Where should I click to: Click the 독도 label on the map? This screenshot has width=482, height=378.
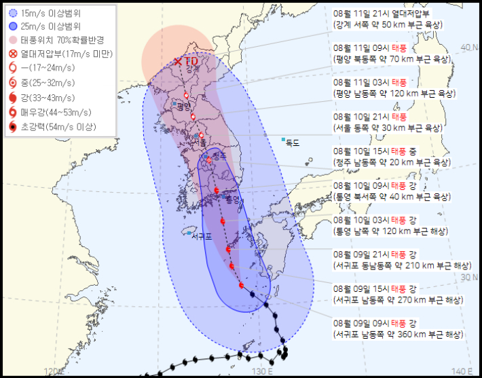click(x=293, y=142)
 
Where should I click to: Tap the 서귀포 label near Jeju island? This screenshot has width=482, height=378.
click(x=202, y=237)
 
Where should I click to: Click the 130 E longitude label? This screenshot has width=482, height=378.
click(x=262, y=371)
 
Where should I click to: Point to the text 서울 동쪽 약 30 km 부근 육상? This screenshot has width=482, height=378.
click(x=392, y=128)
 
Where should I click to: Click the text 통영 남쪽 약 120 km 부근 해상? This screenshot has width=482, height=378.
click(x=392, y=231)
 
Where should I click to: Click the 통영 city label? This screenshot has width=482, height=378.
click(x=233, y=200)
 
